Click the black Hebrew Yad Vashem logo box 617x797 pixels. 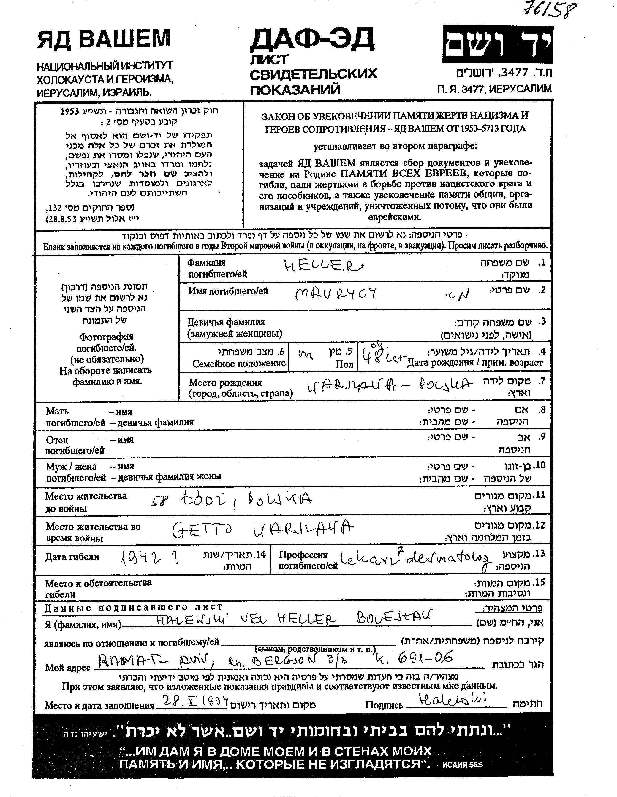pos(498,44)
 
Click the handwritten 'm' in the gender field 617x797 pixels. pos(305,354)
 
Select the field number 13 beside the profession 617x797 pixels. pos(539,554)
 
